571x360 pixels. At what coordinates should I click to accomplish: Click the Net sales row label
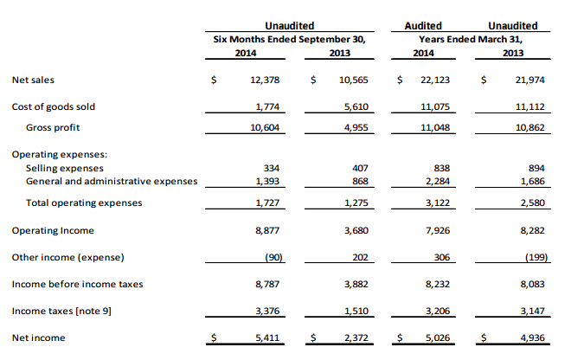click(x=33, y=80)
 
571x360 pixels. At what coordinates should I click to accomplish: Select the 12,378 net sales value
click(x=264, y=80)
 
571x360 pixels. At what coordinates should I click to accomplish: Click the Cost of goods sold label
click(x=54, y=107)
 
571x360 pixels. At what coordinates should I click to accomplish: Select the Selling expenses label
click(x=65, y=168)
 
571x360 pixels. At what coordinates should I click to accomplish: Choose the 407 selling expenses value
click(x=361, y=168)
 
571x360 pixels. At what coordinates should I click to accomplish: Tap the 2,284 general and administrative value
click(x=439, y=181)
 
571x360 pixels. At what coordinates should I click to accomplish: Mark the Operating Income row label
click(x=53, y=231)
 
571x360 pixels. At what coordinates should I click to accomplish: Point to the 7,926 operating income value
click(x=439, y=231)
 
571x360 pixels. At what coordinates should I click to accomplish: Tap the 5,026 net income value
click(x=439, y=337)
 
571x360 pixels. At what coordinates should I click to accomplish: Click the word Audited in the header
click(x=424, y=26)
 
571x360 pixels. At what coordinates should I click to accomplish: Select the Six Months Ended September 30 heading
click(x=290, y=39)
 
